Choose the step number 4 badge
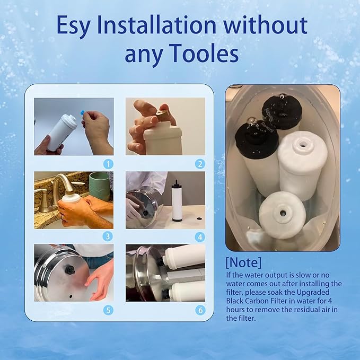coord(200,236)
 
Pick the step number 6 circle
coord(200,310)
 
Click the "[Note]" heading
coord(243,262)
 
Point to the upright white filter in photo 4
coord(177,204)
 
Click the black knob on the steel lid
coord(69,270)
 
